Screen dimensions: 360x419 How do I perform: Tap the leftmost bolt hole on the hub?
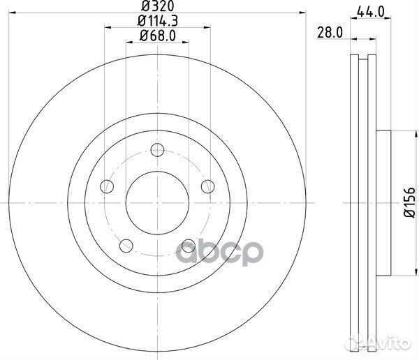pos(107,186)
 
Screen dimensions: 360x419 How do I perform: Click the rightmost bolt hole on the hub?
pos(207,186)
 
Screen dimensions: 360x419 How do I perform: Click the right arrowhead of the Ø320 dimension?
pos(303,13)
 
